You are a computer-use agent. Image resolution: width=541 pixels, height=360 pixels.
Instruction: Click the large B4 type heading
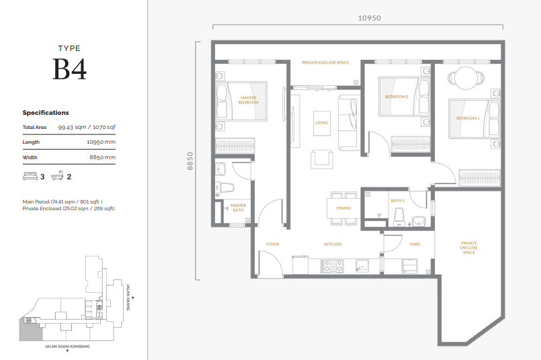click(69, 69)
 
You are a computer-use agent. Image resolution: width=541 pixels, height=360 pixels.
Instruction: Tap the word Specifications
click(46, 113)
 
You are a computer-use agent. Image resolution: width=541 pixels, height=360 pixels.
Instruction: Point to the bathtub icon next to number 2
click(57, 177)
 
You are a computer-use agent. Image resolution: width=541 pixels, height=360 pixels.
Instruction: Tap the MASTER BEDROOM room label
click(248, 100)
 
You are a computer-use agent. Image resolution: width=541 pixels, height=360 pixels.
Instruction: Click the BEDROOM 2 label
click(396, 97)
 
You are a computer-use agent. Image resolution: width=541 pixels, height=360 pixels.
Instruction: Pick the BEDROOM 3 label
click(468, 118)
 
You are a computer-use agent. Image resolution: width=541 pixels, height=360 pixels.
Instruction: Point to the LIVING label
click(321, 123)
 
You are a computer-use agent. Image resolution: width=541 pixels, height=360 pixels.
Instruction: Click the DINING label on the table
click(343, 208)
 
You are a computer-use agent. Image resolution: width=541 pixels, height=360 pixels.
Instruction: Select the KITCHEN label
click(333, 244)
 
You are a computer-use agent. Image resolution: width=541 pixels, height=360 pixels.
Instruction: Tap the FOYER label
click(272, 244)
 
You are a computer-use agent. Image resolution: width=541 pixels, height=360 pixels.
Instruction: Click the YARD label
click(415, 244)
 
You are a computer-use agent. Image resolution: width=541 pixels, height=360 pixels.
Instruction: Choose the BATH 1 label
click(397, 200)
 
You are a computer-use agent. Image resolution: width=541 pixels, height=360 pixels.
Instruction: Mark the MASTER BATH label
click(238, 208)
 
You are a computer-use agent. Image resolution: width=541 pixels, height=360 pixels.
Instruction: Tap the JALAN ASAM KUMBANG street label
click(67, 347)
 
